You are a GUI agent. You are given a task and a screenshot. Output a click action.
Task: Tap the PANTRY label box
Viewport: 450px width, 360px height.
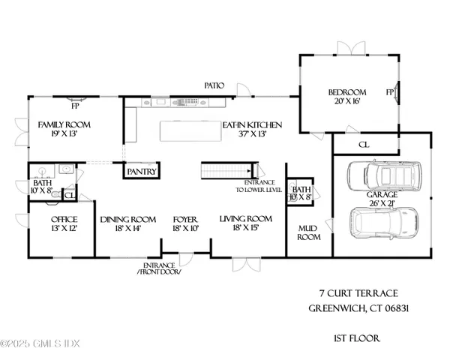[x=141, y=172]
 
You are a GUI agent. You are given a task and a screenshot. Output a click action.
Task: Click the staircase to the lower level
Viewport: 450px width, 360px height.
[x=228, y=172]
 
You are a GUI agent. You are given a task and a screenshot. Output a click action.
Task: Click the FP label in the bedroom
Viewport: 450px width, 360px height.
[x=390, y=94]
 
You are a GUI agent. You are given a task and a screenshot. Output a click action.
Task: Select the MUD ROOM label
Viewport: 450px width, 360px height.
[x=309, y=232]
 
